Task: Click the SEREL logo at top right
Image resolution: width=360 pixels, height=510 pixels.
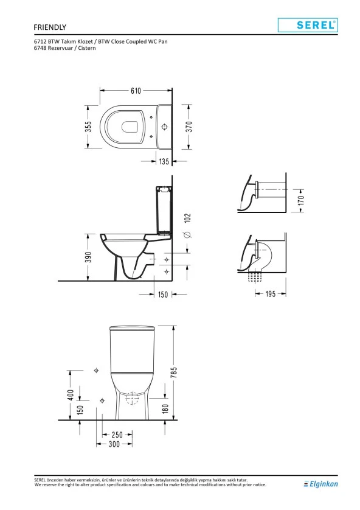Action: point(308,25)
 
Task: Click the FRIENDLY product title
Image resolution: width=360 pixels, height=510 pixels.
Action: point(50,27)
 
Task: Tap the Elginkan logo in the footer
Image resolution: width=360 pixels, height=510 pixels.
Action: point(320,484)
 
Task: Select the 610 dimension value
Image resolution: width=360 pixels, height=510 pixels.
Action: point(136,91)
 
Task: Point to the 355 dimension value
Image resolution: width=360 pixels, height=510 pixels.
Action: point(88,127)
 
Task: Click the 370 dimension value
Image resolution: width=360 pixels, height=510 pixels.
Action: point(189,127)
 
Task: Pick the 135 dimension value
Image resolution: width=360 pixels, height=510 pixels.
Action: point(164,161)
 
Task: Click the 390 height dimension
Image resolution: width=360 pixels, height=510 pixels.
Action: point(88,257)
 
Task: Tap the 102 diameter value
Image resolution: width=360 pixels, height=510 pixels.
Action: point(187,218)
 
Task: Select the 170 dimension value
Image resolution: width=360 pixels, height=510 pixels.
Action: point(301,200)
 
